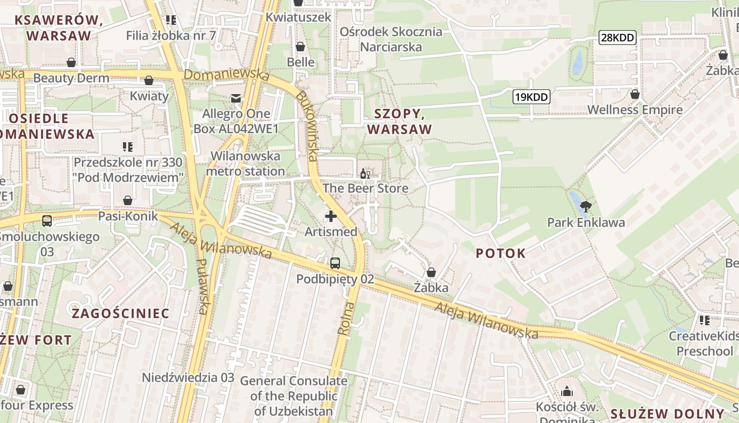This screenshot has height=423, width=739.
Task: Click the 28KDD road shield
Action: point(617,38)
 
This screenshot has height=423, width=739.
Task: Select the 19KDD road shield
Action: point(531,97)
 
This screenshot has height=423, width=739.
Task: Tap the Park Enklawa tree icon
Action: point(585,206)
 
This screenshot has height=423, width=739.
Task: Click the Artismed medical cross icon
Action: point(331,216)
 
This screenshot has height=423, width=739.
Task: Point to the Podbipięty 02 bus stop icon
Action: point(335,263)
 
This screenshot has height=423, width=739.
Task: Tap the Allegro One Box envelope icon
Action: point(235,98)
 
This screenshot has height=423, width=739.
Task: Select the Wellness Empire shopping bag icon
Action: point(634,94)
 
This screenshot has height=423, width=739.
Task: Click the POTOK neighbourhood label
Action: point(500,253)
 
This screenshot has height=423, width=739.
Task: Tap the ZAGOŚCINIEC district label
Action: point(120,314)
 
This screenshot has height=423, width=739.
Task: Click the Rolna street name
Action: point(344,319)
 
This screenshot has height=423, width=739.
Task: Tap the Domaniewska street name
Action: point(227,75)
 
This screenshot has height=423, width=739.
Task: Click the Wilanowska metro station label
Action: point(245,164)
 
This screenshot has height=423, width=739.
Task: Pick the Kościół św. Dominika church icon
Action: point(567,391)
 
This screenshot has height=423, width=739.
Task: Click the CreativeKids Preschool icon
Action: point(704,320)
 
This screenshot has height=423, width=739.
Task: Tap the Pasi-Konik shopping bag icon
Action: point(127,200)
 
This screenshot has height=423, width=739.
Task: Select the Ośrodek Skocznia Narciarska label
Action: point(391,39)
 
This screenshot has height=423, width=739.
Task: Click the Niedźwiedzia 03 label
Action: point(188,378)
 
